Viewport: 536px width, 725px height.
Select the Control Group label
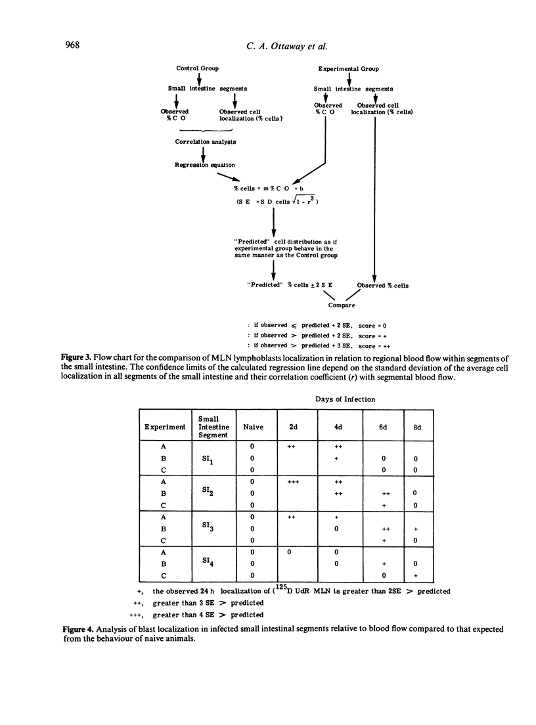click(x=198, y=68)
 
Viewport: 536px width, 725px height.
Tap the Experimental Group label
click(x=348, y=69)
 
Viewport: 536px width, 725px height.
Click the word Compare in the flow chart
click(x=342, y=305)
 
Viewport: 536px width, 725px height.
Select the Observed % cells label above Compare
click(x=382, y=285)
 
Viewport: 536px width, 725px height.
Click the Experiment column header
click(x=166, y=426)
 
